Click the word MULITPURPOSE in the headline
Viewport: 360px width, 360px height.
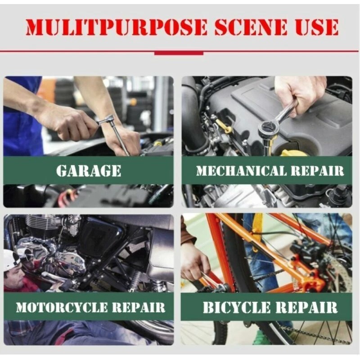pyautogui.click(x=117, y=27)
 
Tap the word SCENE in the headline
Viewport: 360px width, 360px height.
pyautogui.click(x=251, y=27)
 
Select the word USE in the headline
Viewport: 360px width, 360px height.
pyautogui.click(x=317, y=27)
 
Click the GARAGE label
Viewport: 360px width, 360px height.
pyautogui.click(x=88, y=171)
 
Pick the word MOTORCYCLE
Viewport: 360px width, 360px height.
pyautogui.click(x=62, y=307)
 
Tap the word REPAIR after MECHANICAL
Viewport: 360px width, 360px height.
pyautogui.click(x=319, y=171)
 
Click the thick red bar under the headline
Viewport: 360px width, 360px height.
pyautogui.click(x=179, y=53)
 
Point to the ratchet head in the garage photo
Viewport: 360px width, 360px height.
pyautogui.click(x=105, y=119)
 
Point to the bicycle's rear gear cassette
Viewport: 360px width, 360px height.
pyautogui.click(x=340, y=275)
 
